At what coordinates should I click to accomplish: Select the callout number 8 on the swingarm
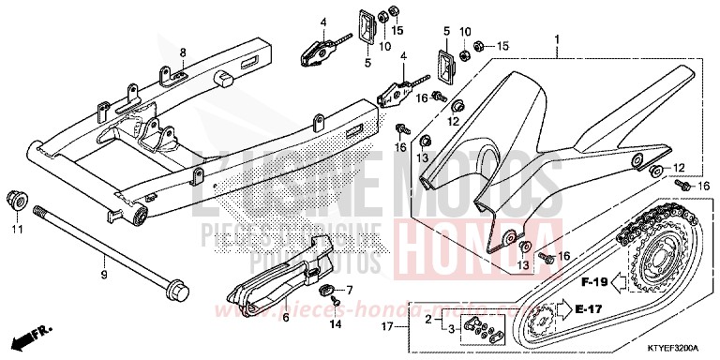pos(183,52)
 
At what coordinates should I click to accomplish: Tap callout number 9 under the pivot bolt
pos(105,275)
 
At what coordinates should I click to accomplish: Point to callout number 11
pos(16,229)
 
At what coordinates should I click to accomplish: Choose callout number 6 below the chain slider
pos(285,318)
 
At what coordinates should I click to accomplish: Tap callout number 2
pos(430,319)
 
